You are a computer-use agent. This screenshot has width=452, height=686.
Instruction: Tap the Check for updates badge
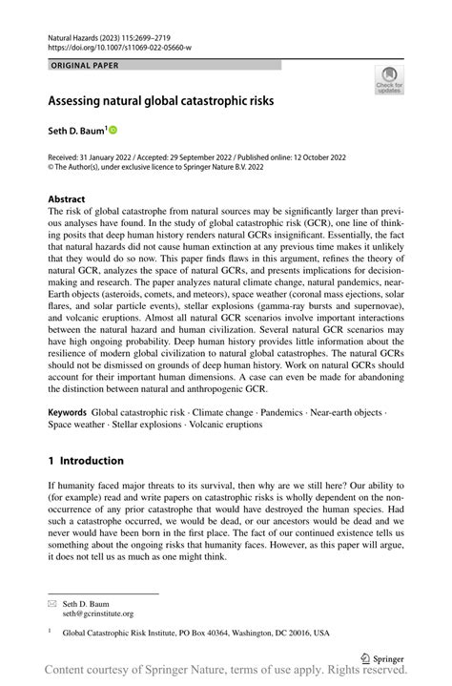click(388, 81)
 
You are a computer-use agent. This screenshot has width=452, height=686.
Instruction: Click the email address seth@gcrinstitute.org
click(98, 614)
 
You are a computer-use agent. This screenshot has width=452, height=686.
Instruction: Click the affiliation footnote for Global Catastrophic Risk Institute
click(195, 633)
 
